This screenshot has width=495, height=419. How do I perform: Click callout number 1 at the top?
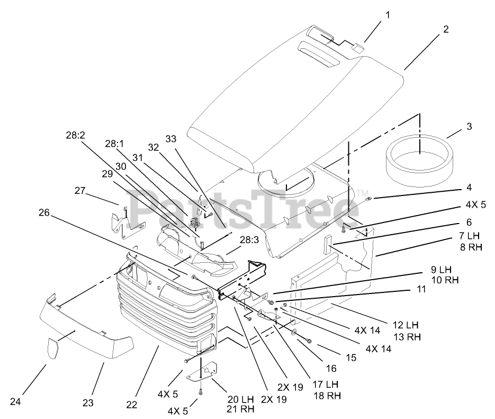pyautogui.click(x=388, y=15)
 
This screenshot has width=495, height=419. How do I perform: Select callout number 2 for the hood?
pyautogui.click(x=446, y=30)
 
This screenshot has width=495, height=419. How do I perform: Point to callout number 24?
pyautogui.click(x=16, y=402)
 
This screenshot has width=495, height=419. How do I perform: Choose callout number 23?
pyautogui.click(x=87, y=402)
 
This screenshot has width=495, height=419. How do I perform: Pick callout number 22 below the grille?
pyautogui.click(x=132, y=405)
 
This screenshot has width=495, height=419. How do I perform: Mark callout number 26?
pyautogui.click(x=44, y=213)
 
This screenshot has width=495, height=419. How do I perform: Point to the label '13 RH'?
pyautogui.click(x=407, y=336)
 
